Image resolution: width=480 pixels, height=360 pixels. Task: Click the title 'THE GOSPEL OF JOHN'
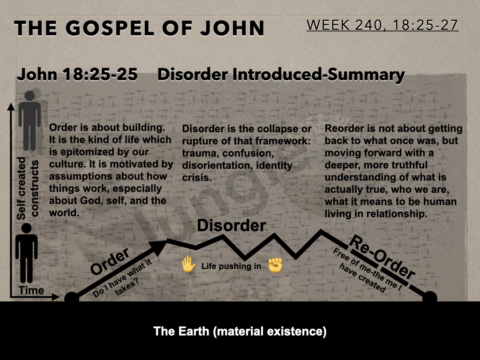coord(139,28)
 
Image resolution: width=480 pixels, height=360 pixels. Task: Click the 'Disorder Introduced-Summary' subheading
coord(281,75)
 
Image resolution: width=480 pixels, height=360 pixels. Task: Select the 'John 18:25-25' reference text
coord(77,75)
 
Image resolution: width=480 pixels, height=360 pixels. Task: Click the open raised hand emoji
coord(188,265)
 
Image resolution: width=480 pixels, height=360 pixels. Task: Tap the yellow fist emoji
coord(275,265)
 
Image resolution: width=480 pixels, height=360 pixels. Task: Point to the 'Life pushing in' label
coord(231,266)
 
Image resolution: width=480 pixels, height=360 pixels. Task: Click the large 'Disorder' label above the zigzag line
coord(232,225)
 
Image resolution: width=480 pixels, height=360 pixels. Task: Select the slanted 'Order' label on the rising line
coord(110,261)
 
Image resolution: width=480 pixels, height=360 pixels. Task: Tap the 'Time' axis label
coord(31,290)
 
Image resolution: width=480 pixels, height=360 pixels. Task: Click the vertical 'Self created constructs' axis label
coord(28,188)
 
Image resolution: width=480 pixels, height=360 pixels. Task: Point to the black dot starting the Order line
coord(72,298)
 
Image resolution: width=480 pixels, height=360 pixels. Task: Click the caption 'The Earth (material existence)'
coord(240,331)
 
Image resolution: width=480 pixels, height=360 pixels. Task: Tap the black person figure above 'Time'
coord(27,254)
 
